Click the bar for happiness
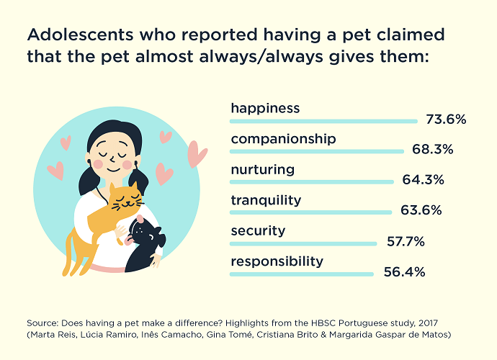coord(323,120)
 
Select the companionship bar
coord(317,151)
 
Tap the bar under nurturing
coord(311,181)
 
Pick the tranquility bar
coord(310,212)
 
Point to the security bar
coord(303,243)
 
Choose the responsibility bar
coord(301,274)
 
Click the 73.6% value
coord(446,120)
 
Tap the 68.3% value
coord(432,150)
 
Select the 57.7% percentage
coord(405,243)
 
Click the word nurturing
coord(262,170)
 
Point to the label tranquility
coord(266,200)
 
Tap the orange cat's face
coord(127,198)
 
